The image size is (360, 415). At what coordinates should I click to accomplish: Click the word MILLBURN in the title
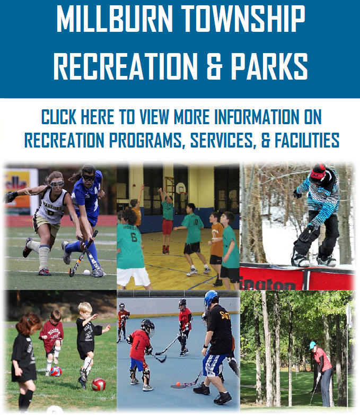pyautogui.click(x=115, y=19)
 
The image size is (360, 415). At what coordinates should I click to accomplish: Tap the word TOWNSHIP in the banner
pyautogui.click(x=243, y=19)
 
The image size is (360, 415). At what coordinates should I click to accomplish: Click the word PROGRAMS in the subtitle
pyautogui.click(x=146, y=140)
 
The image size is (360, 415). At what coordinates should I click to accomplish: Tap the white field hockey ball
pyautogui.click(x=87, y=272)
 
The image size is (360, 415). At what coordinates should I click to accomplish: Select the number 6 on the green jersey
pyautogui.click(x=134, y=237)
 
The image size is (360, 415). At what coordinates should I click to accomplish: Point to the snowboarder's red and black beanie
pyautogui.click(x=318, y=172)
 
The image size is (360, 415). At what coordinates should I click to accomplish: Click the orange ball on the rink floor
pyautogui.click(x=178, y=384)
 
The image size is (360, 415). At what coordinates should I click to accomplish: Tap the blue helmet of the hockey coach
pyautogui.click(x=211, y=298)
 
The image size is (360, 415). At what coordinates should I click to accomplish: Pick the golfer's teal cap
pyautogui.click(x=312, y=345)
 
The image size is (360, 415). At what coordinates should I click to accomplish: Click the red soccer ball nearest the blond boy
pyautogui.click(x=99, y=384)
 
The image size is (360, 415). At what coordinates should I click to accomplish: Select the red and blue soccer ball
pyautogui.click(x=56, y=371)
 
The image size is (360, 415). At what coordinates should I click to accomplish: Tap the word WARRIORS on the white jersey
pyautogui.click(x=52, y=206)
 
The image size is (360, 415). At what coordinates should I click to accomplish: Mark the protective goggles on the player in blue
pyautogui.click(x=89, y=178)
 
